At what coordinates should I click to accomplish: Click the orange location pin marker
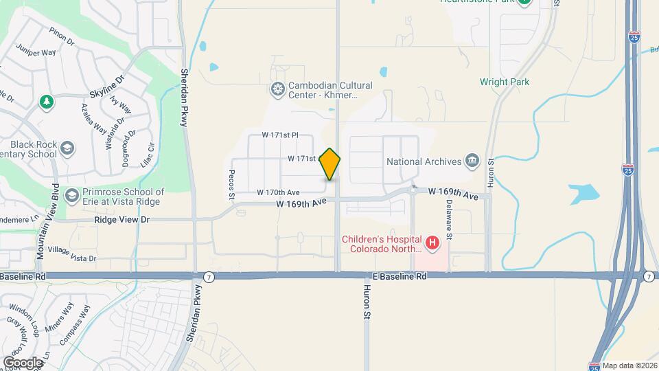pos(330,164)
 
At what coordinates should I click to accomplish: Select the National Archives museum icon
pos(472,161)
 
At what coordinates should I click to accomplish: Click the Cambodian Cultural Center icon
pos(277,88)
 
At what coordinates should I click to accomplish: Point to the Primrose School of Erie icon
pos(71,196)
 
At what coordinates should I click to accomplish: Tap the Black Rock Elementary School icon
pos(67,148)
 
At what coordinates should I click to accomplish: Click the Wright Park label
pos(505,82)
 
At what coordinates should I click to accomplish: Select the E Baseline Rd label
pos(400,276)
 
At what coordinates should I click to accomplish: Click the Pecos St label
pos(233,184)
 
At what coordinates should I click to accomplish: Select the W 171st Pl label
pos(279,136)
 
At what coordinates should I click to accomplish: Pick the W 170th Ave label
pos(278,192)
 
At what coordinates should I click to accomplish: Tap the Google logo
pos(22,362)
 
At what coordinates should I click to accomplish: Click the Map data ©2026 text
pos(629,366)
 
